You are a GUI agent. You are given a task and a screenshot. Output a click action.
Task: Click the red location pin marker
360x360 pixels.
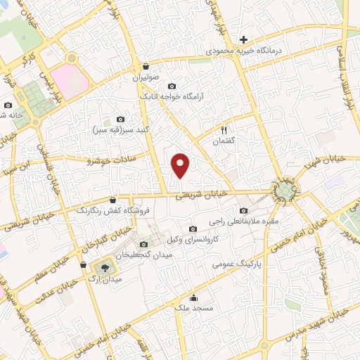(x=181, y=165)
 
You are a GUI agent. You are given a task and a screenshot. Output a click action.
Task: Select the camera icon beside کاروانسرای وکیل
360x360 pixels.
(x=193, y=229)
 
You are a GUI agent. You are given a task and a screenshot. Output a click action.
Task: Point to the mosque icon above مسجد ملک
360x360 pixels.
(x=194, y=297)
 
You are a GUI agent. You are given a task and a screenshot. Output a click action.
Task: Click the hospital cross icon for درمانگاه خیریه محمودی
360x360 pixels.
(x=243, y=40)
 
